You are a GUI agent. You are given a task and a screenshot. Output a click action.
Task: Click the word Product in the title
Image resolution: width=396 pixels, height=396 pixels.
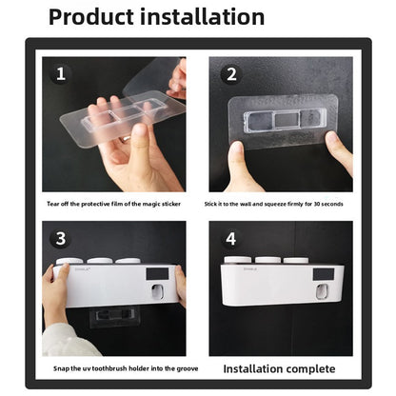(91, 17)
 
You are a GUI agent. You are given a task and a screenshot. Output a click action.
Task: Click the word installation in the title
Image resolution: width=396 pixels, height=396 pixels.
(202, 17)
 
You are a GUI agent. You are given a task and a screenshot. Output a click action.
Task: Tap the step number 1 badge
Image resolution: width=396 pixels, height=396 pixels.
(61, 74)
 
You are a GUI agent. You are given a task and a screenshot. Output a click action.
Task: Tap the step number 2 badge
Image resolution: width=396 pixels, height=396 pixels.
(231, 74)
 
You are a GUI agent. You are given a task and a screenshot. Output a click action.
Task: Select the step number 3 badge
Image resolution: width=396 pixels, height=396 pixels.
(61, 239)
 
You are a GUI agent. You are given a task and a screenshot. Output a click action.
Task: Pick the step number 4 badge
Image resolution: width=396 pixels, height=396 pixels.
(230, 239)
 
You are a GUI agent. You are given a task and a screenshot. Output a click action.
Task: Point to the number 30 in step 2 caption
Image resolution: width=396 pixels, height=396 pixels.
(317, 204)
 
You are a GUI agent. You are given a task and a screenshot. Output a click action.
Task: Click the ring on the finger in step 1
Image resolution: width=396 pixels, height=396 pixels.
(126, 138)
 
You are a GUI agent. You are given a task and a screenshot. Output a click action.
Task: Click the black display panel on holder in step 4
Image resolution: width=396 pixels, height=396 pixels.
(324, 274)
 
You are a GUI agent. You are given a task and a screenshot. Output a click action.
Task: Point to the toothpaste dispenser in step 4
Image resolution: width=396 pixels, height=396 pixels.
(325, 292)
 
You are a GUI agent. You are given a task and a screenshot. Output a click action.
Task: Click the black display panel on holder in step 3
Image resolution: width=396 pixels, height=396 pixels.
(157, 274)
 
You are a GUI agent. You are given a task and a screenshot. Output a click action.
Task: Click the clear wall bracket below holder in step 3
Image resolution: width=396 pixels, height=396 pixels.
(115, 317)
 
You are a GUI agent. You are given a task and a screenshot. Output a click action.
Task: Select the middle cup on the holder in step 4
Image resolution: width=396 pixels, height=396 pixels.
(267, 260)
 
